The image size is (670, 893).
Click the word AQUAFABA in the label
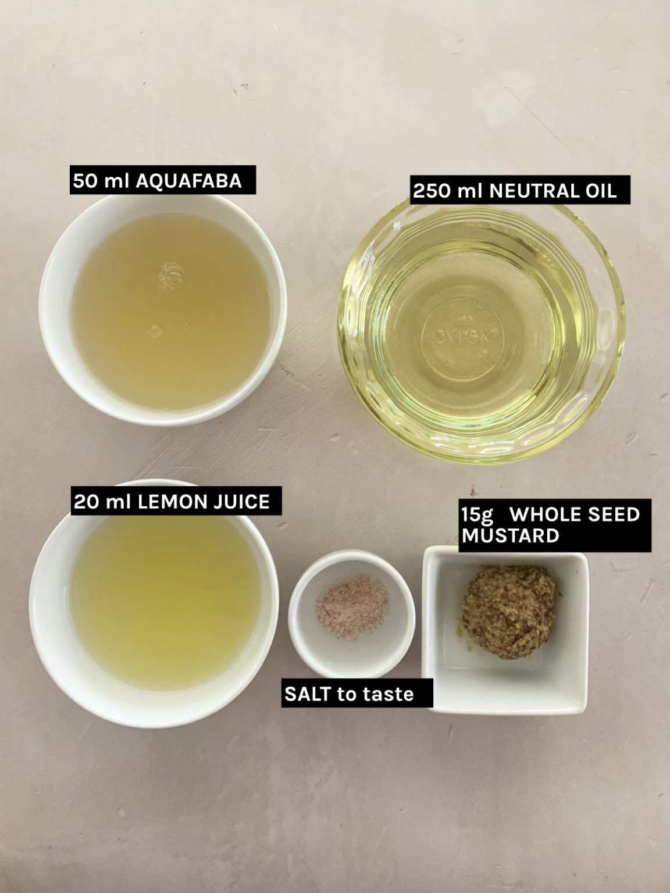(189, 181)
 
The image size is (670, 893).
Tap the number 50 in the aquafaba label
(85, 181)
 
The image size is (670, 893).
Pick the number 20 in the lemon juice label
(85, 502)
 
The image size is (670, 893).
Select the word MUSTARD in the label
(511, 535)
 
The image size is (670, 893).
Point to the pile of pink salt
(352, 606)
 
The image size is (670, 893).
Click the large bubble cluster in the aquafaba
(171, 277)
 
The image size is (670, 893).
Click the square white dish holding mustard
(505, 630)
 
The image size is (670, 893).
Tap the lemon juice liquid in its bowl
(165, 602)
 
